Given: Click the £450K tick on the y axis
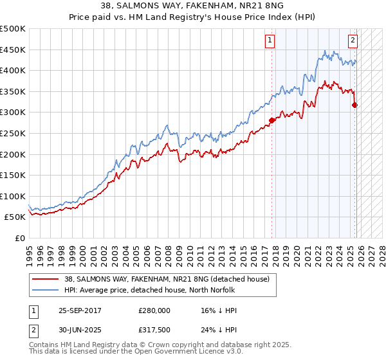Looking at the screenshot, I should [13, 50].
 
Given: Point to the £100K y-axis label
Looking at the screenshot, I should [13, 196].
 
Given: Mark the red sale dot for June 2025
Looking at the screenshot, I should [354, 105].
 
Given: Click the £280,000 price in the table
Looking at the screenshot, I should [153, 310].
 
